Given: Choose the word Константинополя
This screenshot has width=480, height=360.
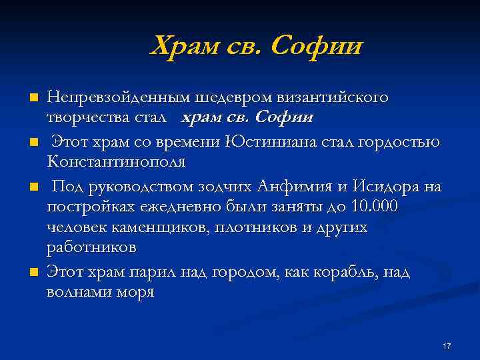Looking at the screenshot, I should [x=117, y=161].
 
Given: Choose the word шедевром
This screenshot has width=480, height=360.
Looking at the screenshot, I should [x=226, y=97].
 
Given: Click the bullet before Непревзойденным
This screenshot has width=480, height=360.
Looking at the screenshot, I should [x=35, y=97].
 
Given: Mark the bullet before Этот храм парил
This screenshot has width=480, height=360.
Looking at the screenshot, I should [x=35, y=272].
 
